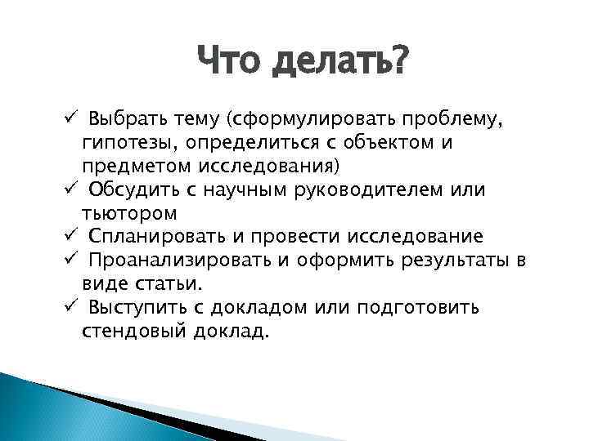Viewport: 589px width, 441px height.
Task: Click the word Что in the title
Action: pyautogui.click(x=228, y=62)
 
